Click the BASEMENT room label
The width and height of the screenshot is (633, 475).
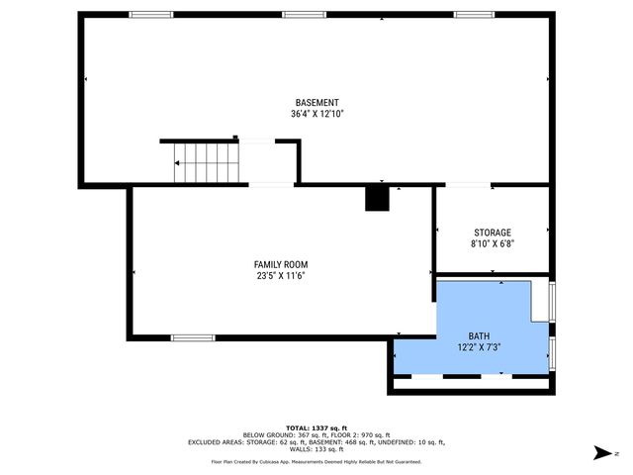[x=316, y=103]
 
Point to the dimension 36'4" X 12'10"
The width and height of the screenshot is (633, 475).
[x=316, y=114]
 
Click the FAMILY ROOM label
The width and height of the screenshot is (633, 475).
[x=281, y=264]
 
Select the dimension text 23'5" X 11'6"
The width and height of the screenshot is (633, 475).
[x=281, y=276]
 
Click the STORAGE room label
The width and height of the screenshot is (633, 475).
[x=492, y=233]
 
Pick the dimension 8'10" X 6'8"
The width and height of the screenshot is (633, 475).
[x=492, y=243]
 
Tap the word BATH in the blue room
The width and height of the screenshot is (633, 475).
[x=479, y=336]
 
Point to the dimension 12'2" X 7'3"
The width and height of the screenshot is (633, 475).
[x=479, y=347]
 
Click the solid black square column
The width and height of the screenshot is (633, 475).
[x=377, y=198]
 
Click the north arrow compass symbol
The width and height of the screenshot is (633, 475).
[x=600, y=453]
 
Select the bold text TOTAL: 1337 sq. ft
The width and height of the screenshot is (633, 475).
[x=316, y=427]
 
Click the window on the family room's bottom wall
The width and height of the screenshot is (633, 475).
[x=193, y=338]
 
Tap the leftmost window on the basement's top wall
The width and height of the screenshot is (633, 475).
[x=151, y=15]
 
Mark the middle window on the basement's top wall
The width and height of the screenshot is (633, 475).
[x=304, y=15]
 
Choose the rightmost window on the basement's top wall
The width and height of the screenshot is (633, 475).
[x=475, y=15]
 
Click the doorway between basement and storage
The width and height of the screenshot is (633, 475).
[x=467, y=185]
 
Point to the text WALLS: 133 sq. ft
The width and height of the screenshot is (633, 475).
[x=316, y=450]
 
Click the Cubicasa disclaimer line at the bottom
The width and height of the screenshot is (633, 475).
[x=316, y=461]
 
